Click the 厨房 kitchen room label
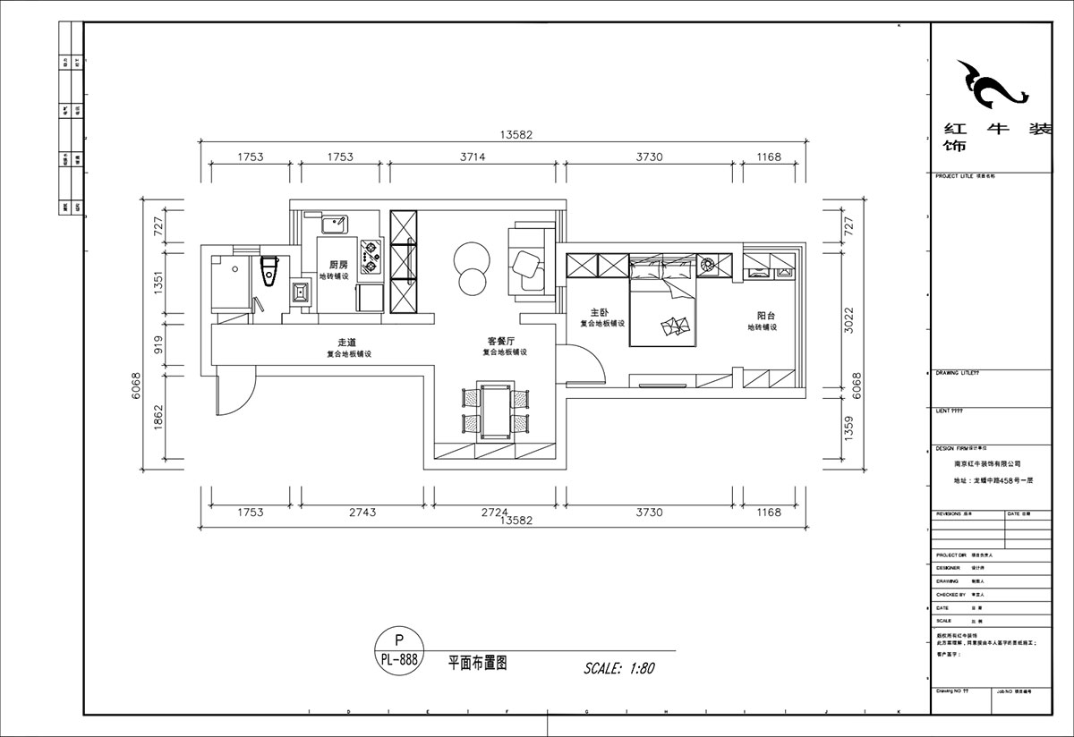[338, 265]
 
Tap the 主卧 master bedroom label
[599, 312]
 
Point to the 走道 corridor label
[347, 343]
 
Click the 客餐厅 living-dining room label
[500, 342]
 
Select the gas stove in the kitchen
[370, 256]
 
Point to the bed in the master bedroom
[663, 313]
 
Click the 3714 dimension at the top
[473, 157]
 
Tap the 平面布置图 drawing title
[478, 664]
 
